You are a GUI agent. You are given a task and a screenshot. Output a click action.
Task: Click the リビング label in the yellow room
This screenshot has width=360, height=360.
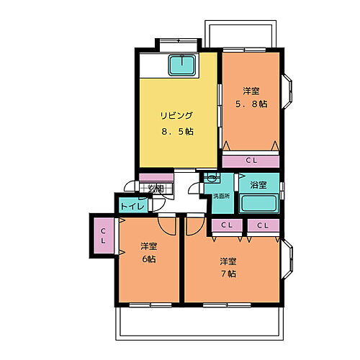pyautogui.click(x=176, y=114)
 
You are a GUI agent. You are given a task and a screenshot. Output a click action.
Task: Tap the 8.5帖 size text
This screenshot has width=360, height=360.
pyautogui.click(x=177, y=132)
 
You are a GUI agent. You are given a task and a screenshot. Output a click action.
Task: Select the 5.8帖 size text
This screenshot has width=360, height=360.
pyautogui.click(x=251, y=104)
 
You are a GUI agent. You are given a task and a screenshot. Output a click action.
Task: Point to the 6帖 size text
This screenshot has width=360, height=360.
pyautogui.click(x=149, y=260)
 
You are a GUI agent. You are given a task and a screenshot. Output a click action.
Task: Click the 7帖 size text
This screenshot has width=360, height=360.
pyautogui.click(x=228, y=273)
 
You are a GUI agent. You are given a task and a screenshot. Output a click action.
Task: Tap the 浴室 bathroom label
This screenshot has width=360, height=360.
pyautogui.click(x=257, y=185)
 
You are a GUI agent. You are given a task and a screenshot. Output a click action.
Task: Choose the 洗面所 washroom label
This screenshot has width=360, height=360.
pyautogui.click(x=221, y=195)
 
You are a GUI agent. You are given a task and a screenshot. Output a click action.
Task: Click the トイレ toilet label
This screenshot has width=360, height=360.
pyautogui.click(x=132, y=206)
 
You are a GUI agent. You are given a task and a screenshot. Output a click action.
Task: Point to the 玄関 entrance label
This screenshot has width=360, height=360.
pyautogui.click(x=156, y=189)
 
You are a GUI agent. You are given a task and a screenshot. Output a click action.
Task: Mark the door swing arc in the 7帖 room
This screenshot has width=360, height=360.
pyautogui.click(x=194, y=225)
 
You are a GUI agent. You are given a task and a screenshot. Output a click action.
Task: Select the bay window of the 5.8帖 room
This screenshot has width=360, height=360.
pyautogui.click(x=287, y=91)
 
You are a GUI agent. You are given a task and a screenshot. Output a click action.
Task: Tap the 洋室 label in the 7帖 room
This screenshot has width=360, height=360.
pyautogui.click(x=228, y=260)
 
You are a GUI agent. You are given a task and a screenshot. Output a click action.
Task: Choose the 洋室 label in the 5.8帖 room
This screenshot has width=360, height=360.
pyautogui.click(x=251, y=91)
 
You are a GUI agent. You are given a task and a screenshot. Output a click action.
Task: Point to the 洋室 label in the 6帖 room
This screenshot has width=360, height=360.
pyautogui.click(x=149, y=246)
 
